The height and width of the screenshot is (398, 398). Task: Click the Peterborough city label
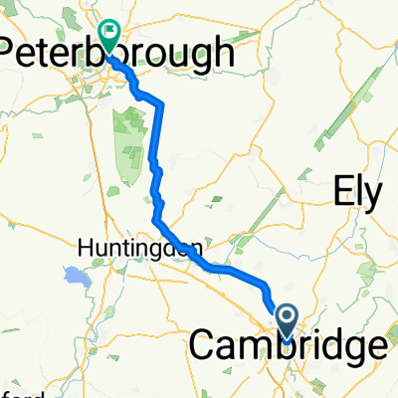pos(118,55)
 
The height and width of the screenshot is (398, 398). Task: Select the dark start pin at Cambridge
pos(287,321)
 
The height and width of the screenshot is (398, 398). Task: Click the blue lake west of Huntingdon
pos(72,276)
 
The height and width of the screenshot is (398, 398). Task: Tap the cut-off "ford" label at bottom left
pos(14,390)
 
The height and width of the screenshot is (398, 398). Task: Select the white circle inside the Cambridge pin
pos(287,316)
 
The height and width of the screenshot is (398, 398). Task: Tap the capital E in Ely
pos(342,191)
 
